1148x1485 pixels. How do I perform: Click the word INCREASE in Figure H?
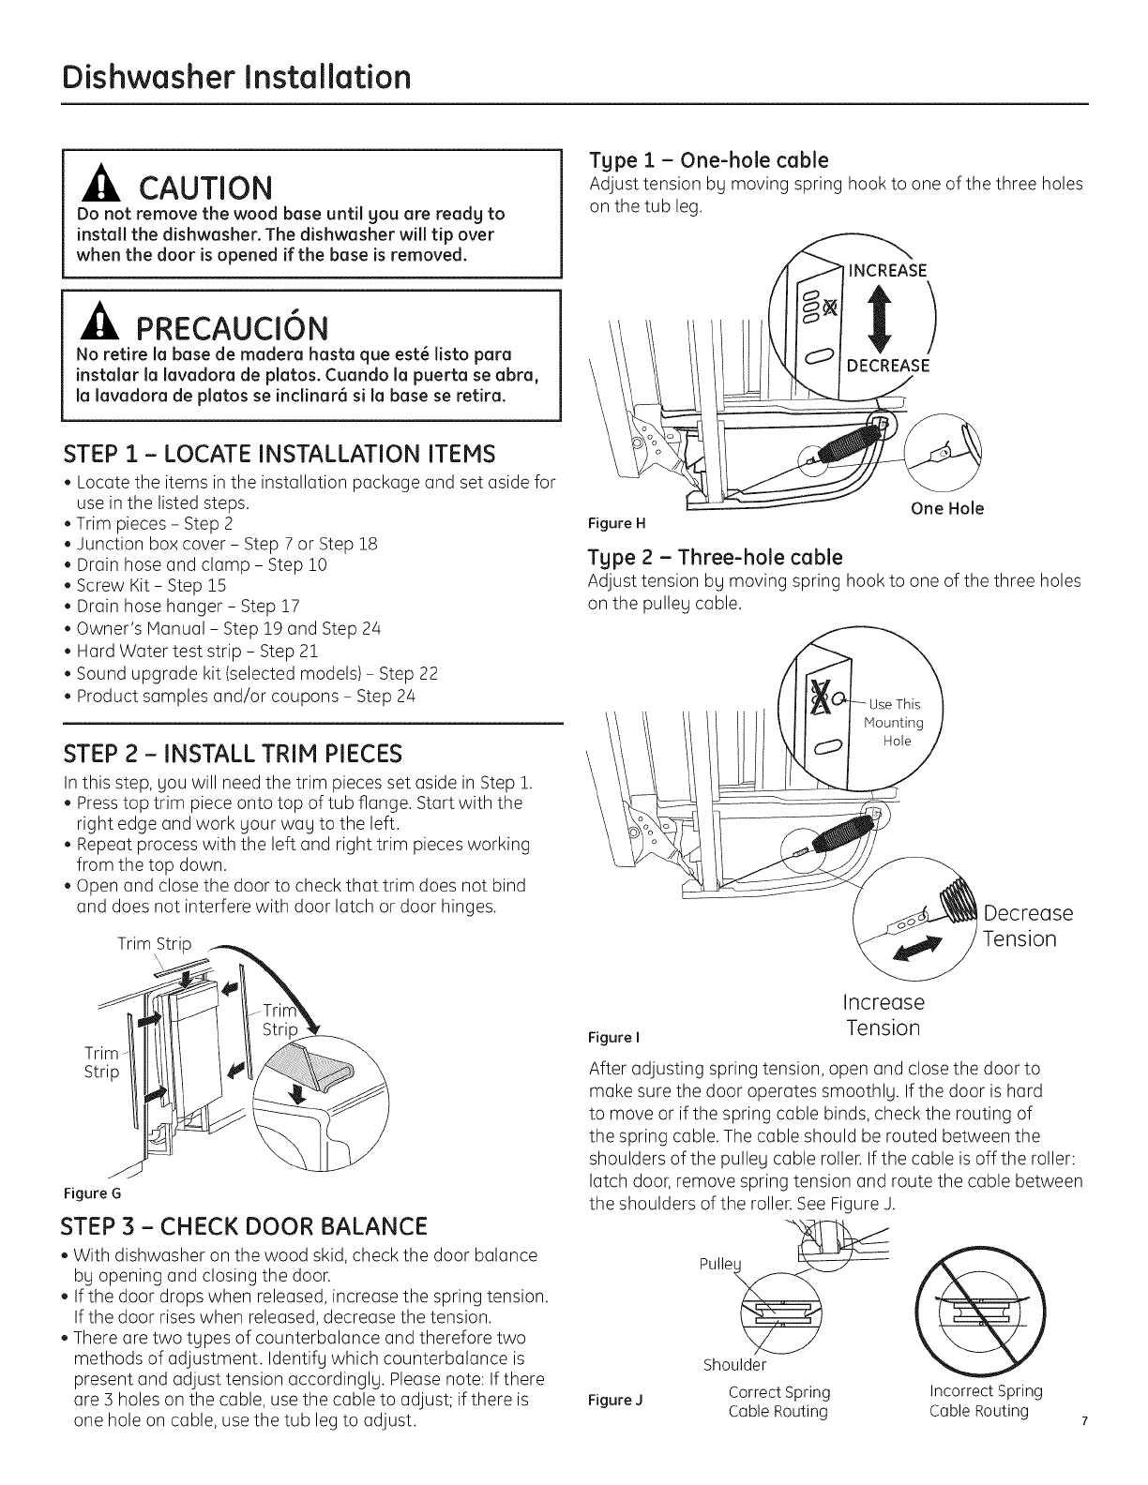coord(886,272)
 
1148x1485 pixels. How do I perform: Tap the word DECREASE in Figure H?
coord(887,366)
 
